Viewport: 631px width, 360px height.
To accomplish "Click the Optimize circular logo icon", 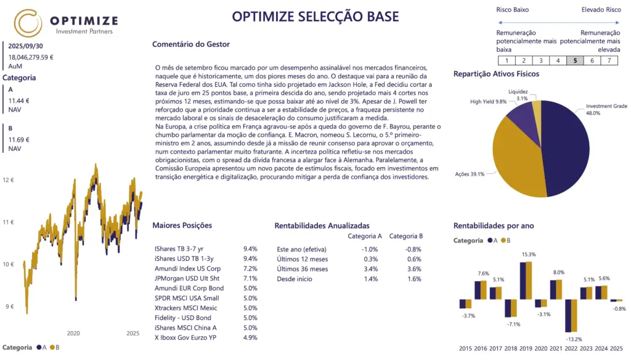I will point(28,23).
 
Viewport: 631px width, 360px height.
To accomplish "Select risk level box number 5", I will point(574,60).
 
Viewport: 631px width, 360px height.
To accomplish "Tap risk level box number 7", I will point(609,60).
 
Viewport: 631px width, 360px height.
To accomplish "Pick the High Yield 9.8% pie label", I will point(488,102).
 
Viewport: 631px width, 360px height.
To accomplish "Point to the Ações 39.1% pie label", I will point(469,174).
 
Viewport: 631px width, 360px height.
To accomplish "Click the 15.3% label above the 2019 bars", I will point(528,255).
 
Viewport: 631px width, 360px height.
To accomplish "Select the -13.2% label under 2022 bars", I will point(574,339).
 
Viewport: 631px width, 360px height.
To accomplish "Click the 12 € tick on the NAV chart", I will point(8,180).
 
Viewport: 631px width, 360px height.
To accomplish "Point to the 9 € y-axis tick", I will point(9,306).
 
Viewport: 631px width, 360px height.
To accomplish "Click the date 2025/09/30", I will point(25,46).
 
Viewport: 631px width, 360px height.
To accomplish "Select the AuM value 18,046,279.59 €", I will point(31,57).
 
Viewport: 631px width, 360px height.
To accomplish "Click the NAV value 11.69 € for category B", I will point(19,140).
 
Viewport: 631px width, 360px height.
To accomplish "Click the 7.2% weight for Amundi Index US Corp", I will point(250,269).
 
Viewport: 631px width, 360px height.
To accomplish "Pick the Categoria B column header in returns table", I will point(405,236).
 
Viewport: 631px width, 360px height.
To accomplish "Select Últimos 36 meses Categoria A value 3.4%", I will point(371,269).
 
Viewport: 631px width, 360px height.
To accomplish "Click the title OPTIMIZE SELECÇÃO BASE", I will point(315,17).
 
